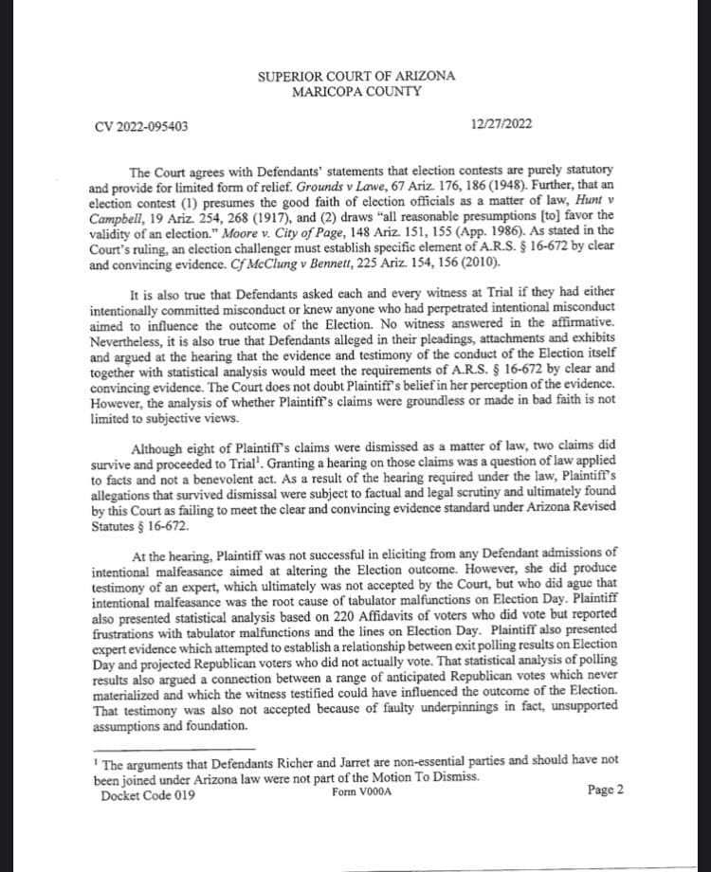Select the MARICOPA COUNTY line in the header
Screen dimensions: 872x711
pos(355,92)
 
